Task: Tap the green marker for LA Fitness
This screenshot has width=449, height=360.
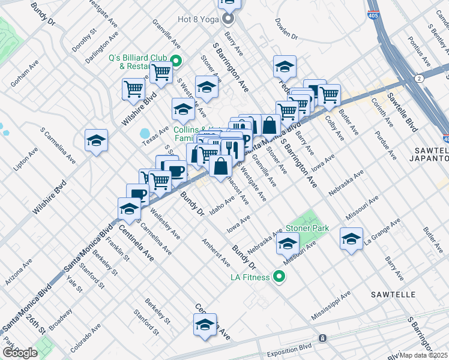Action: click(x=279, y=277)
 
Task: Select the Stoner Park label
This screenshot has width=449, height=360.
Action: click(x=307, y=228)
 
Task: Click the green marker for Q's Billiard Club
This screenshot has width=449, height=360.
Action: click(x=176, y=61)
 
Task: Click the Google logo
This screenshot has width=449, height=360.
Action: click(x=19, y=352)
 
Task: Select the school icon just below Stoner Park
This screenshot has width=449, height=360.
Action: click(x=288, y=243)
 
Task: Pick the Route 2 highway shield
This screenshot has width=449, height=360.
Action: click(x=419, y=78)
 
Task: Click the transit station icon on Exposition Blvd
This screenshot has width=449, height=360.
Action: click(x=322, y=338)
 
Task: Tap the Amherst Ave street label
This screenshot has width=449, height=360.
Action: click(x=215, y=253)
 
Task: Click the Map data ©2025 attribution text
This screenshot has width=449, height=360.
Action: click(x=424, y=355)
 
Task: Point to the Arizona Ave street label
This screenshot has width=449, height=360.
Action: click(x=19, y=272)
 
